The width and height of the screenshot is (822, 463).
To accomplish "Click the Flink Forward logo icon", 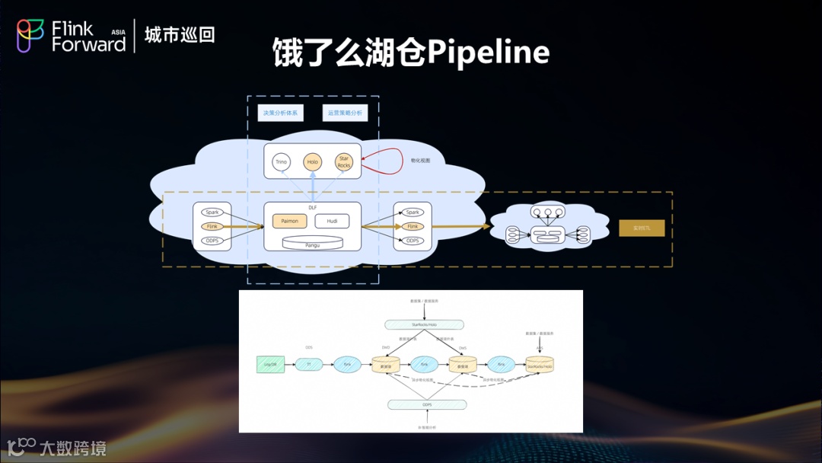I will pos(31,36).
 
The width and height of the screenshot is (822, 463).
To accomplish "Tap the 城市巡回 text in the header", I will pos(180,35).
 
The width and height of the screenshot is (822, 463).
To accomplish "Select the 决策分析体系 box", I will pos(280,113).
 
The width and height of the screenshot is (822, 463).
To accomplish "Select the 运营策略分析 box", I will pos(345,113).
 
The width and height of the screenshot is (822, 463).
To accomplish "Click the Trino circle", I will pos(281,161).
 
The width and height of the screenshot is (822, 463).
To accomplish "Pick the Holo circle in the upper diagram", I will pos(312,161).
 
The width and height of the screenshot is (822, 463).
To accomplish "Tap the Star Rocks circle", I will pos(344,161).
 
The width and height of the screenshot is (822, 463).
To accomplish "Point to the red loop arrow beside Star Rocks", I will pos(384,161).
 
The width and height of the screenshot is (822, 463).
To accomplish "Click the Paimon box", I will pos(290,221).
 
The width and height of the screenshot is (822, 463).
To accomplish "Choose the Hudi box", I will pos(332,221).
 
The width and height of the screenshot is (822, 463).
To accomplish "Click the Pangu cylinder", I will pos(312,244).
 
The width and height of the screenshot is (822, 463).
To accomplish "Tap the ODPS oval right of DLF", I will pos(413,241).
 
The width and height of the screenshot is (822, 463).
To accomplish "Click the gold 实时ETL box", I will pos(642,228).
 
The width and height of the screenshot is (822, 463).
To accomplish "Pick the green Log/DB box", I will pos(270,365).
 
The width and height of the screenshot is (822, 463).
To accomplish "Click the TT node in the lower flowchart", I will pos(309,365).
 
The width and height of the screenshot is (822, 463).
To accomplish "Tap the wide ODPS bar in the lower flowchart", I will pos(425,404).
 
